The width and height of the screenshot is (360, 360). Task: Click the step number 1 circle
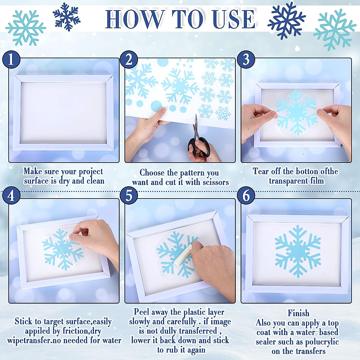pyautogui.click(x=11, y=59)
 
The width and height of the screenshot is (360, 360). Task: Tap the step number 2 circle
pyautogui.click(x=129, y=59)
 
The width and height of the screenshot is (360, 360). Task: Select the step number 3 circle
pyautogui.click(x=246, y=59)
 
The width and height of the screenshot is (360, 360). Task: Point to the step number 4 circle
pyautogui.click(x=11, y=196)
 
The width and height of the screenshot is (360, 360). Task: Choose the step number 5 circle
pyautogui.click(x=129, y=196)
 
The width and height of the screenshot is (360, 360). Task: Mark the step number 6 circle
pyautogui.click(x=246, y=196)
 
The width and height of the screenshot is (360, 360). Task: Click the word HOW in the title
pyautogui.click(x=134, y=19)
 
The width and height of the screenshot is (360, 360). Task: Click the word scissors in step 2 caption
pyautogui.click(x=216, y=182)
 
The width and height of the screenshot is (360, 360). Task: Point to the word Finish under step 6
pyautogui.click(x=298, y=313)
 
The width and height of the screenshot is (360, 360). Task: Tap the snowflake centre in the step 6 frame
pyautogui.click(x=298, y=251)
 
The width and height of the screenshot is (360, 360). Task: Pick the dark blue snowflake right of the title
pyautogui.click(x=286, y=20)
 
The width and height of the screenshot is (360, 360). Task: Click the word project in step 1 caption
pyautogui.click(x=91, y=172)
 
